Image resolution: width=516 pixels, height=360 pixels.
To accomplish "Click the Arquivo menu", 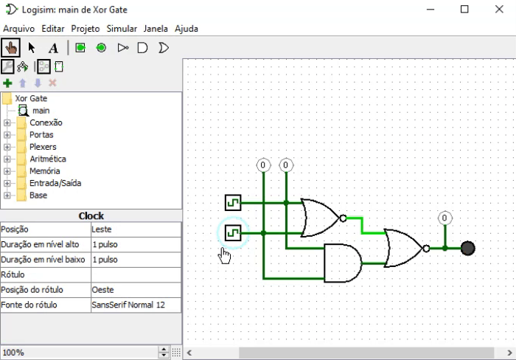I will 20,29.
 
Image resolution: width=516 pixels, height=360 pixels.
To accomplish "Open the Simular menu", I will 122,29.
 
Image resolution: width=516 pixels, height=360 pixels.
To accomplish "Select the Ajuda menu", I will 186,29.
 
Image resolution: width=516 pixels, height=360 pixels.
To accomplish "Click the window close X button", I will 498,9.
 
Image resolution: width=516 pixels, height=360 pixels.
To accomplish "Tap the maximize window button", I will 464,9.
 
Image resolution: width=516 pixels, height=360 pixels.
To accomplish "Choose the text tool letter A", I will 53,48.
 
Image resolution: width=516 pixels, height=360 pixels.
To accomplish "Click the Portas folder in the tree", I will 41,135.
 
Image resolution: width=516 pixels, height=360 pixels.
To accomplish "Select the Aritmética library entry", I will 47,159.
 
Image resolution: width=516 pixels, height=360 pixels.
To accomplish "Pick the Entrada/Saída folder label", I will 55,183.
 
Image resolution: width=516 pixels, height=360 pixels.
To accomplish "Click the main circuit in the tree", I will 41,111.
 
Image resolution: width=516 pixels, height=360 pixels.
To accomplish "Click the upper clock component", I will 233,202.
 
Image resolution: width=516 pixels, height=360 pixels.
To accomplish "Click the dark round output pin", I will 467,248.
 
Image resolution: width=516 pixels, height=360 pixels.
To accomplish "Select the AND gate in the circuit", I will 342,263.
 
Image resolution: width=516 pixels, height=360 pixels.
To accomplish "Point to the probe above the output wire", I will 444,218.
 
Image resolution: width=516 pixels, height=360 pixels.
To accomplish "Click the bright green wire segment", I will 362,224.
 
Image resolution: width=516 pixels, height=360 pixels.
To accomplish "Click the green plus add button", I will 8,83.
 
